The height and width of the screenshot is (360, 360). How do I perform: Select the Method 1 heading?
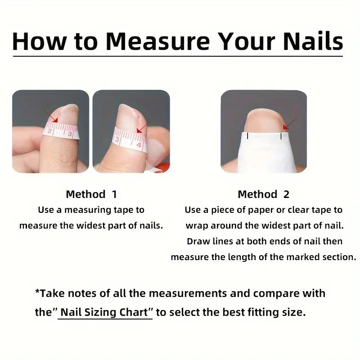(91, 194)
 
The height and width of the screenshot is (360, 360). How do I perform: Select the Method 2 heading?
(263, 194)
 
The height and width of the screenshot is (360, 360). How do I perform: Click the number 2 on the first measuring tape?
(49, 131)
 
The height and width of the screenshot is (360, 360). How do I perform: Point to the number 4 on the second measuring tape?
(139, 145)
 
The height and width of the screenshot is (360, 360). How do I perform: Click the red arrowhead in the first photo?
(55, 120)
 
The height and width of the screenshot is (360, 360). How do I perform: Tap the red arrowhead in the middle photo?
(139, 130)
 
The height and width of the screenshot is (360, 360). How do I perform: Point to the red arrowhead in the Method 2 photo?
(286, 127)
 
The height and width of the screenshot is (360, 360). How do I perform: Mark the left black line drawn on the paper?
(247, 136)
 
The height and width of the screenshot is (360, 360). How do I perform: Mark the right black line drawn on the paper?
(281, 136)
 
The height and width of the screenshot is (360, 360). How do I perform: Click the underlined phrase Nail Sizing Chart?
(104, 312)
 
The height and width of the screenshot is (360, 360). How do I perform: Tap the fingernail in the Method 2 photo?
(264, 121)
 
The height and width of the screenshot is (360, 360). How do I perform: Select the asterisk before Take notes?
(37, 291)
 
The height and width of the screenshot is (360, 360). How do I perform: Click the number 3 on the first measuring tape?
(70, 134)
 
